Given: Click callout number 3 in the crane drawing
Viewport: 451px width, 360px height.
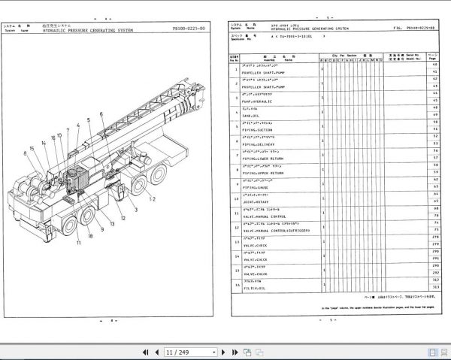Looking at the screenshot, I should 136,211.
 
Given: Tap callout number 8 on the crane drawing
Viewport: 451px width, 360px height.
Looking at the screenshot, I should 26,153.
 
